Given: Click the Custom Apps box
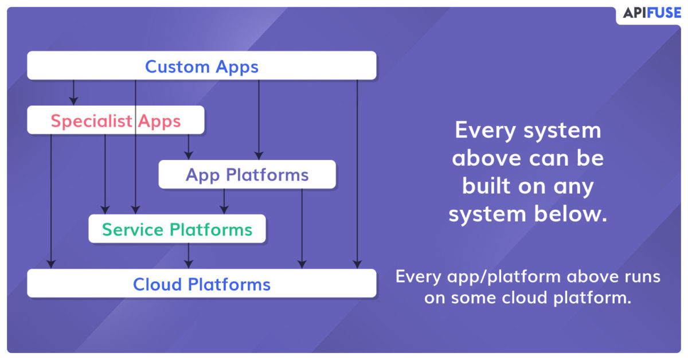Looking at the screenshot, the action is (202, 65).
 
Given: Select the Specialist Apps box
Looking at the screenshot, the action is (116, 120).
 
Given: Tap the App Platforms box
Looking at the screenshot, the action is (247, 174).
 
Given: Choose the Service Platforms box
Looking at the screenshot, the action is (177, 229).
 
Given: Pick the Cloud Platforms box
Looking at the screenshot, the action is (202, 283).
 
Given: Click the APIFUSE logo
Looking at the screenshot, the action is (652, 13).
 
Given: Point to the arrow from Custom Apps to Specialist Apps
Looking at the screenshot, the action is (73, 92).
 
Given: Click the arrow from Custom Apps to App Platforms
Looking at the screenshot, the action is (259, 120).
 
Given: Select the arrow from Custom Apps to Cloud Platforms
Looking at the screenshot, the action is (357, 174).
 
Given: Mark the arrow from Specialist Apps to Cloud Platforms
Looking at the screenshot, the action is (51, 202).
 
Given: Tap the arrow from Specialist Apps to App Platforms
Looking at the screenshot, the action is (189, 147).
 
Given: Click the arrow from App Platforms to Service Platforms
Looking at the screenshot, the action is (224, 202).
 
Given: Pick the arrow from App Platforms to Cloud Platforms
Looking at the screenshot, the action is (302, 229).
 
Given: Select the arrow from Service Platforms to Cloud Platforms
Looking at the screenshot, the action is (189, 256).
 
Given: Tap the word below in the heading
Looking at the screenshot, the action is (570, 213).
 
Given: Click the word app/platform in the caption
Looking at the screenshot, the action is (504, 277).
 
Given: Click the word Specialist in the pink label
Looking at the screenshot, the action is (92, 121).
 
